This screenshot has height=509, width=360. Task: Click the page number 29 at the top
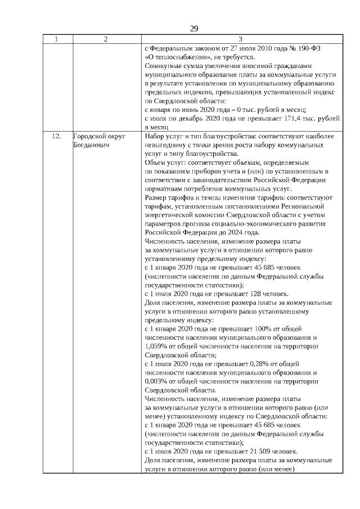click(x=193, y=29)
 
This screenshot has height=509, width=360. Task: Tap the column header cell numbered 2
click(x=106, y=39)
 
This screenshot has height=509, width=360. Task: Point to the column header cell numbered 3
click(x=241, y=39)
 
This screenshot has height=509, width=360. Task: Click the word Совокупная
click(x=164, y=66)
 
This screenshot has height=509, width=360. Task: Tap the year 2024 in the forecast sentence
click(x=231, y=232)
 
